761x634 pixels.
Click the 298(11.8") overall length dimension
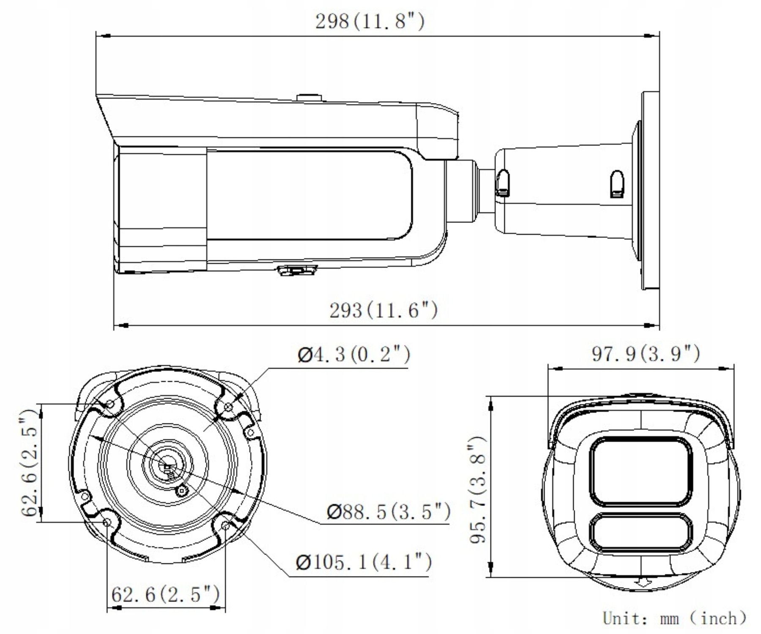click(x=370, y=21)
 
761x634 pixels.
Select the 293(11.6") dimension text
click(x=383, y=310)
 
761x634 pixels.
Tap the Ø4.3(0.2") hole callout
click(x=353, y=354)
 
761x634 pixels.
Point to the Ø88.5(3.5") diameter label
click(x=389, y=511)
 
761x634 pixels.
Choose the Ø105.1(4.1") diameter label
click(x=364, y=562)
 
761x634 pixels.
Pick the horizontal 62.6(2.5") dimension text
click(x=165, y=594)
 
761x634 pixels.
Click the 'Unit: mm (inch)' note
click(x=675, y=618)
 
